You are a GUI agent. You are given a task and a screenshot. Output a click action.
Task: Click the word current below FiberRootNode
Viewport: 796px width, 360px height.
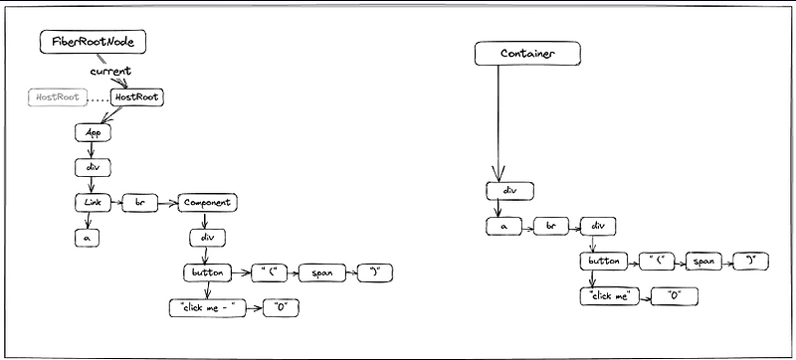(111, 73)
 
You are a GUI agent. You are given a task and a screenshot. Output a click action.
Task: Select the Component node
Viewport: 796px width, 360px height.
(207, 203)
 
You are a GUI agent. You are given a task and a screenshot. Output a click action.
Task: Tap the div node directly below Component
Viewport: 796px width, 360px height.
(207, 239)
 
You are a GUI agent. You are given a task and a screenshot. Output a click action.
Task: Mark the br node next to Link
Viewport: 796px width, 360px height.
(139, 203)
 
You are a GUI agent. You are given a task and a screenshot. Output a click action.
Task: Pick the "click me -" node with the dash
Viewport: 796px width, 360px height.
(206, 307)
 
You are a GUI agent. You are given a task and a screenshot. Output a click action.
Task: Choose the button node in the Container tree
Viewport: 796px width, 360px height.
(604, 262)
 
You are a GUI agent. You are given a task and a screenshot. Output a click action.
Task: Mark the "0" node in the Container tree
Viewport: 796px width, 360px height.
(674, 296)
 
